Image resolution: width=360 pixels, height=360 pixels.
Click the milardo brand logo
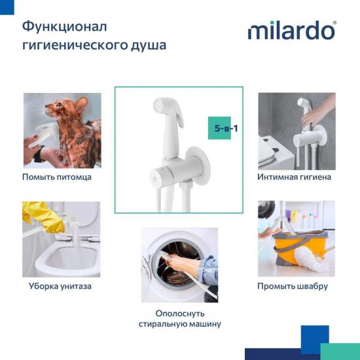(291, 31)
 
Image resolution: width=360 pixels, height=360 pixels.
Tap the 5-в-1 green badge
(226, 128)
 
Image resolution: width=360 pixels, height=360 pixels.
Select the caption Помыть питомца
(57, 177)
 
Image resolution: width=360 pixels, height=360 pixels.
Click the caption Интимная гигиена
(295, 177)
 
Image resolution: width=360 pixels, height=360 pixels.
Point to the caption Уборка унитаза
(60, 286)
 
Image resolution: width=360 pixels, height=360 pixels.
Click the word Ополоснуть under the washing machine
(180, 314)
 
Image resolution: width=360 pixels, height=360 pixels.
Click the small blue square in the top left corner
(10, 9)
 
